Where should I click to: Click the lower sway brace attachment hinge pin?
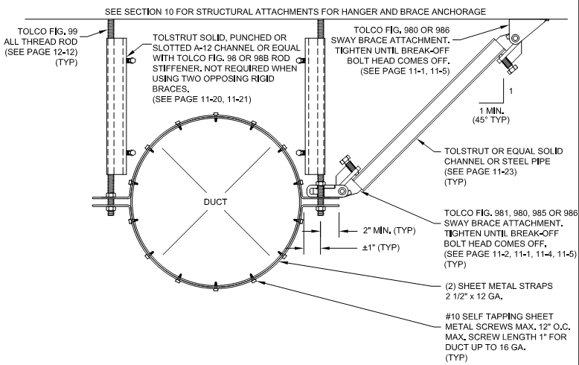click(x=342, y=192)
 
